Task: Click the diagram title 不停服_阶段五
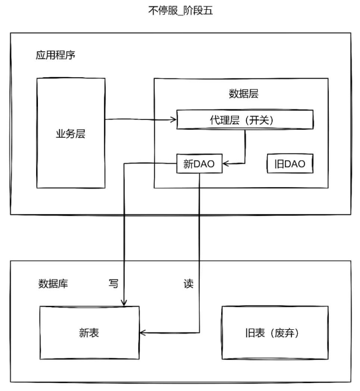click(x=180, y=11)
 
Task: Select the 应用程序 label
click(x=55, y=55)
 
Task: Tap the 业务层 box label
click(x=70, y=134)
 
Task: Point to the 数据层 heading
click(x=243, y=94)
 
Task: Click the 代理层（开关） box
click(x=245, y=120)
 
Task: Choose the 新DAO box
click(x=199, y=163)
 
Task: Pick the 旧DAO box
click(x=290, y=163)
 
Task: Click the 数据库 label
click(x=53, y=284)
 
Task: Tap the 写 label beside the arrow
click(x=113, y=284)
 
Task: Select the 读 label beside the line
click(x=189, y=284)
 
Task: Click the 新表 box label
click(x=89, y=333)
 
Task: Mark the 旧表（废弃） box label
click(x=272, y=333)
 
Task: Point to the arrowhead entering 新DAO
click(x=226, y=163)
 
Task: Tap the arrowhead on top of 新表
click(x=124, y=303)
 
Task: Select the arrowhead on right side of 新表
click(x=142, y=333)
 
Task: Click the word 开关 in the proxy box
click(x=259, y=120)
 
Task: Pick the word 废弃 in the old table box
click(x=284, y=333)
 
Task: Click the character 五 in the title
click(x=208, y=11)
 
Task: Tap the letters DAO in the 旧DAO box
click(x=295, y=164)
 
